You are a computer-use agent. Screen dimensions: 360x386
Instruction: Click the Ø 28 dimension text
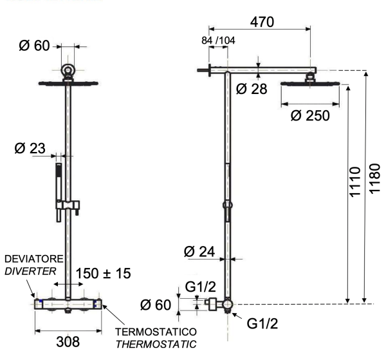point(252,89)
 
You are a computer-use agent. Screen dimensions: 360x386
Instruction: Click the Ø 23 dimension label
point(30,149)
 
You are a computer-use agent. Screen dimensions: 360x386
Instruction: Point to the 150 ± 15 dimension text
point(104,274)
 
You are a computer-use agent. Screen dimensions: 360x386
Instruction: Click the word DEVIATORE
point(32,258)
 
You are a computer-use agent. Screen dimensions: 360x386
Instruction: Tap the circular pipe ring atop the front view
point(67,70)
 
